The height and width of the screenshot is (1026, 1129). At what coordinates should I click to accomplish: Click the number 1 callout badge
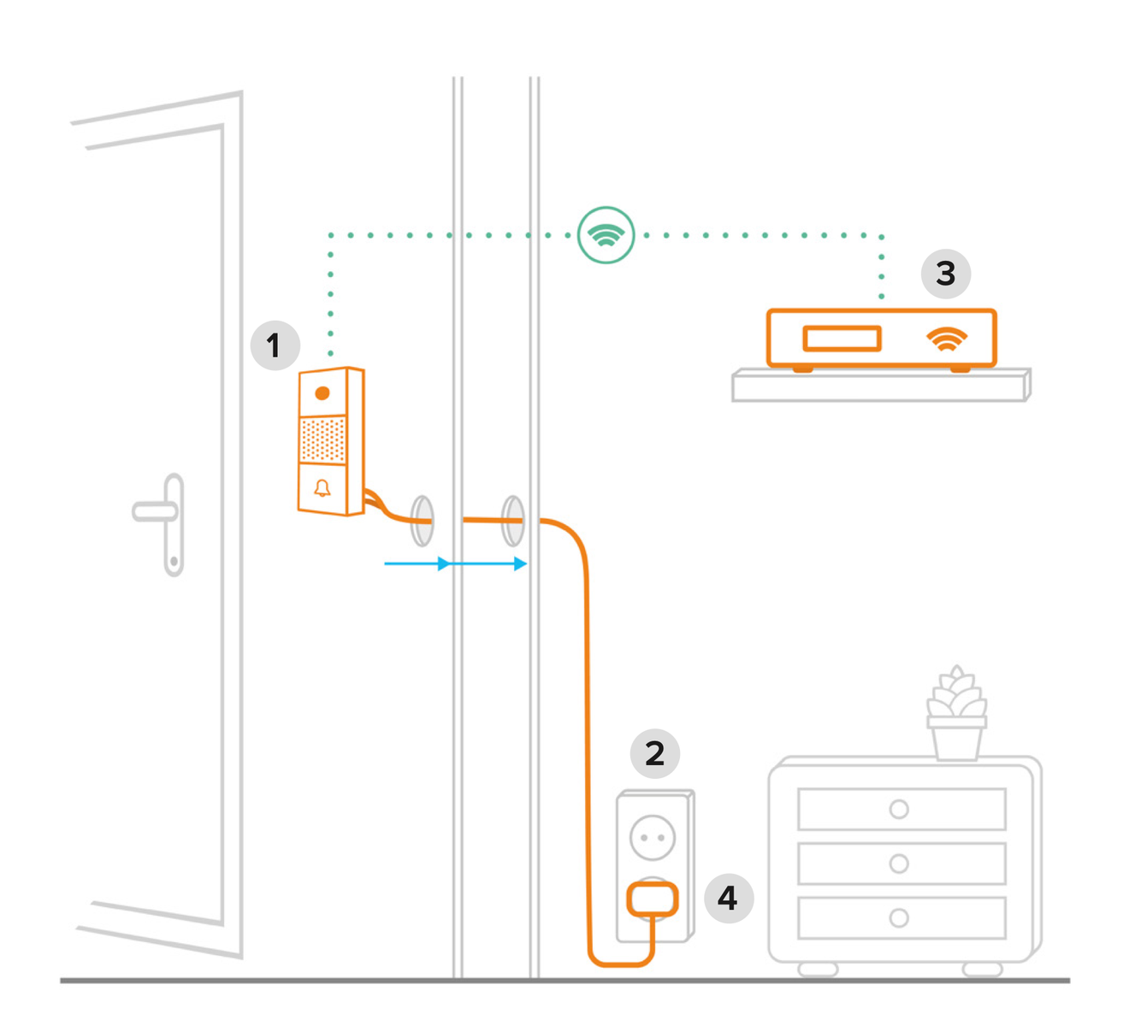click(x=275, y=346)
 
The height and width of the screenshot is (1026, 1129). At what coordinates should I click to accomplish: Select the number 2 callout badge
click(x=654, y=753)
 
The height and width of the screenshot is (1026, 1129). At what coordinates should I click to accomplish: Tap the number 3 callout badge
click(x=945, y=274)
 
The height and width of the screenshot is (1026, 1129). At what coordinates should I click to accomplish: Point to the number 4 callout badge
click(x=728, y=898)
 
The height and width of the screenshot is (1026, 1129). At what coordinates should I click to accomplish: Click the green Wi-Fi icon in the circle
click(x=606, y=234)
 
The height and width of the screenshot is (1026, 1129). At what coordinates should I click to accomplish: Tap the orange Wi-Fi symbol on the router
click(x=947, y=339)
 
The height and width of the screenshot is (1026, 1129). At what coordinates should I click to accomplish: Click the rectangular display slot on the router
click(x=842, y=339)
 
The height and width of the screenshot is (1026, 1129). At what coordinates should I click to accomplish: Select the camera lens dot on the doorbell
click(x=322, y=393)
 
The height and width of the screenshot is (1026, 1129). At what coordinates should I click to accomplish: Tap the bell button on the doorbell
click(x=322, y=488)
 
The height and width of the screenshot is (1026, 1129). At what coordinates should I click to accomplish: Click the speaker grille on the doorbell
click(x=323, y=440)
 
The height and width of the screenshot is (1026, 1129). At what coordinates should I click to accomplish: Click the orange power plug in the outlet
click(x=653, y=899)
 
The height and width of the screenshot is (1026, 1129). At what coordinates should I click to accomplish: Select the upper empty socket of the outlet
click(x=653, y=837)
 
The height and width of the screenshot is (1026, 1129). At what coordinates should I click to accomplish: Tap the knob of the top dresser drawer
click(x=899, y=809)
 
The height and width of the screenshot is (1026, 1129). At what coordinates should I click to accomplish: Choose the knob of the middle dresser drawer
click(x=899, y=864)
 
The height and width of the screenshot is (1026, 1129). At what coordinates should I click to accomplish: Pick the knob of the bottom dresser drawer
click(x=899, y=918)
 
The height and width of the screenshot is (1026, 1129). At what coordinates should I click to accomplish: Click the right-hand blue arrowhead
click(x=520, y=563)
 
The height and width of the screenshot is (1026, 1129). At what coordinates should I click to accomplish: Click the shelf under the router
click(x=881, y=386)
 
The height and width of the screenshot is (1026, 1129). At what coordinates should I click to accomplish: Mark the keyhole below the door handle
click(x=174, y=562)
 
